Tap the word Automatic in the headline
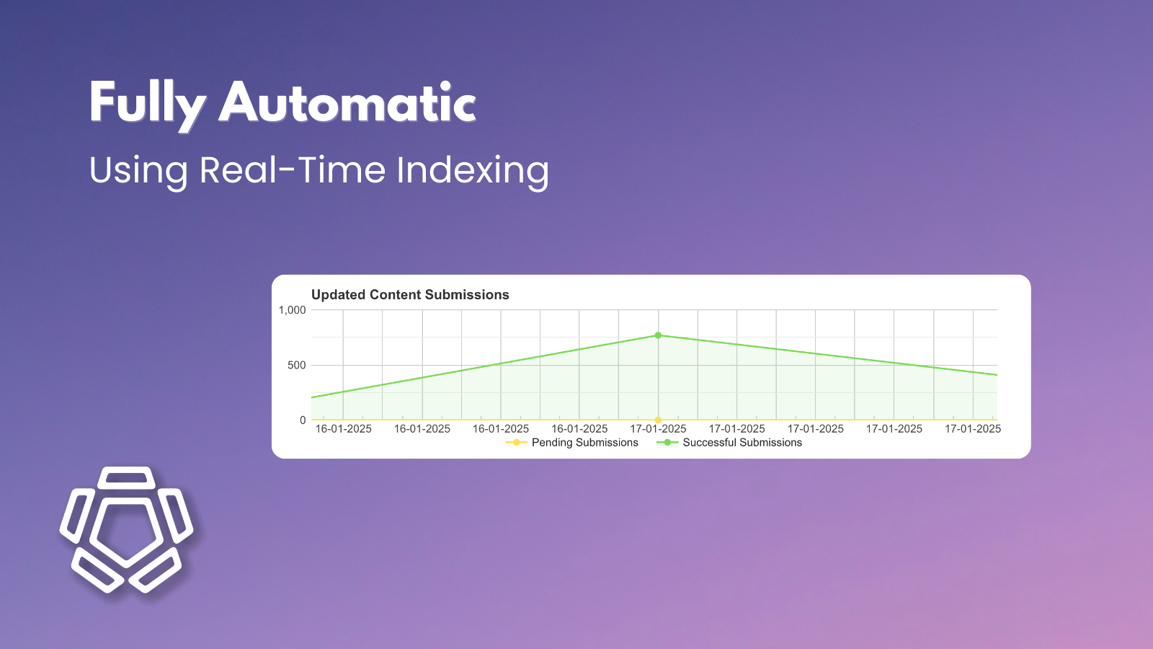click(347, 103)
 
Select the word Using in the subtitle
click(138, 171)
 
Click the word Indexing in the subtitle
click(473, 172)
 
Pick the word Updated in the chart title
click(339, 295)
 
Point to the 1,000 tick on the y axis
click(293, 310)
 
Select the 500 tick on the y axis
click(297, 366)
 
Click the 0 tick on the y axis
click(303, 420)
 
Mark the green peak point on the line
click(658, 335)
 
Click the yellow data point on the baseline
click(658, 420)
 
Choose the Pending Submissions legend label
click(584, 443)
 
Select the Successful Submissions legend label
click(742, 443)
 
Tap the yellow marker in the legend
click(516, 443)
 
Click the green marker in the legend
click(667, 443)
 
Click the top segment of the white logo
click(127, 477)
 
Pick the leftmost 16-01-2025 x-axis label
click(344, 429)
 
